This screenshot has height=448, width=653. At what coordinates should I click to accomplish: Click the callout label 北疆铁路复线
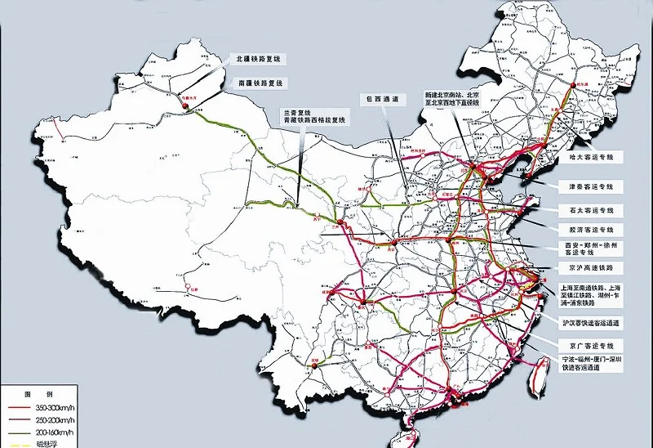click(x=258, y=59)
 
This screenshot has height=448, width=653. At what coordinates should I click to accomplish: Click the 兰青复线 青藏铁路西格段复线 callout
click(x=313, y=116)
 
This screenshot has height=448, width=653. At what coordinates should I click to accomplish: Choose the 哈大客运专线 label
click(x=596, y=156)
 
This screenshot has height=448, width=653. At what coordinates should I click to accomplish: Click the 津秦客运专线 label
click(x=596, y=186)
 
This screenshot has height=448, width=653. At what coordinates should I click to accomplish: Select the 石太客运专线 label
click(x=596, y=209)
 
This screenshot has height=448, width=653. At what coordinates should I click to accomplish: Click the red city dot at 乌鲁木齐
click(x=184, y=106)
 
